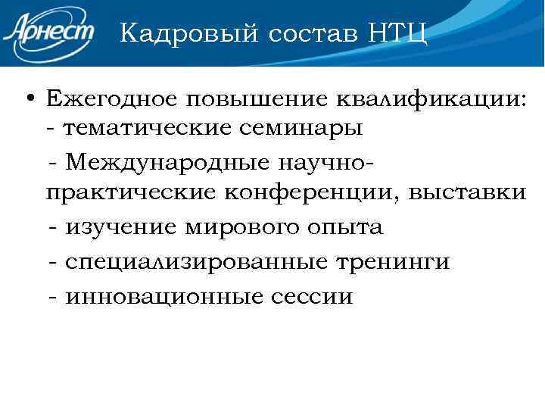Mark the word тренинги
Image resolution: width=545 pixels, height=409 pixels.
(x=389, y=261)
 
